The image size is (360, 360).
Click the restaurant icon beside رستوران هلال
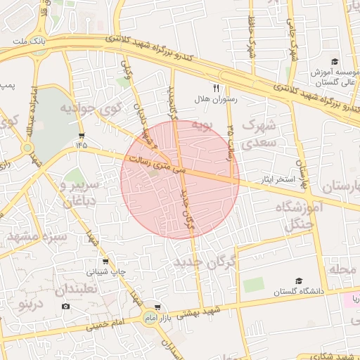tap(217, 89)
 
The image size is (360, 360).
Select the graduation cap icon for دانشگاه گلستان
tap(300, 281)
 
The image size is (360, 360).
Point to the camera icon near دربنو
tap(66, 306)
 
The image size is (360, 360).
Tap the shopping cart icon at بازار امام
tap(157, 307)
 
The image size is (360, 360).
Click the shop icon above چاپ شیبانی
tap(106, 261)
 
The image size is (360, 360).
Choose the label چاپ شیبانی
tap(107, 271)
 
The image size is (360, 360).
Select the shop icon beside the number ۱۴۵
tap(82, 134)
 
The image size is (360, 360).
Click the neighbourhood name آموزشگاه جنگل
tap(298, 216)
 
